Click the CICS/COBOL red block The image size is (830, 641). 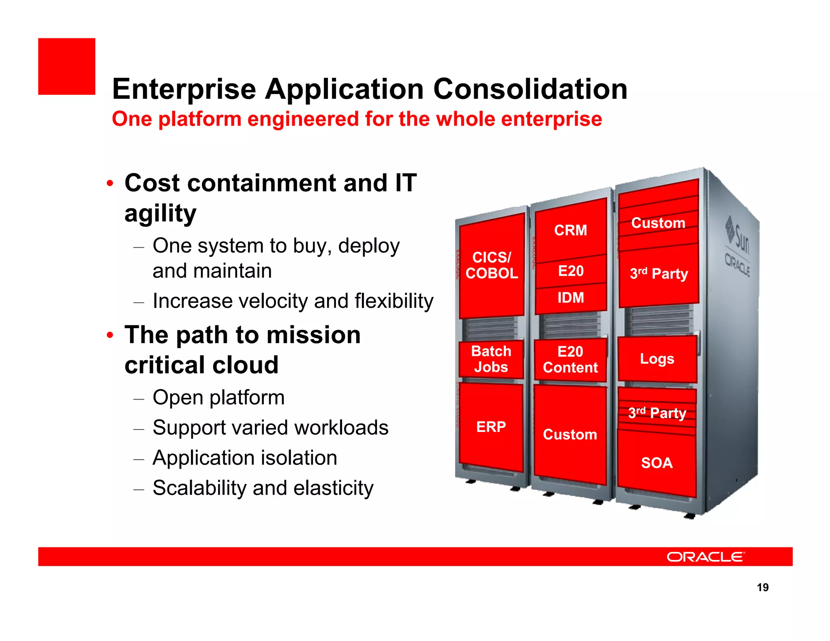point(492,265)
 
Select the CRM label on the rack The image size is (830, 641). point(570,230)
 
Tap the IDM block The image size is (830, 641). point(571,298)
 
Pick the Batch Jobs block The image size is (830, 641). point(491,359)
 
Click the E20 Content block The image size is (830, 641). point(570,360)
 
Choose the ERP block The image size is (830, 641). point(491,427)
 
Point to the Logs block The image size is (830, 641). point(657,359)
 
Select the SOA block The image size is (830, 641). point(657,463)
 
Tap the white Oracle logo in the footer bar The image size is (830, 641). point(706,557)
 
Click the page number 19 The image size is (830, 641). point(762,588)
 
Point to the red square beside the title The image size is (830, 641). point(67,66)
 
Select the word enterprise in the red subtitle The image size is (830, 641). point(551,119)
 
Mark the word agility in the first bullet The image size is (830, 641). point(160,214)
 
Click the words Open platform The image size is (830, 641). point(218,397)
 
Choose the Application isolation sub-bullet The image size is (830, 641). point(245,458)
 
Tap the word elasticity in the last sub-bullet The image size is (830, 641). point(333,488)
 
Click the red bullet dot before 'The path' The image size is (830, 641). point(110,335)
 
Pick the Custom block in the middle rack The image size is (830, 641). point(570,434)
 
